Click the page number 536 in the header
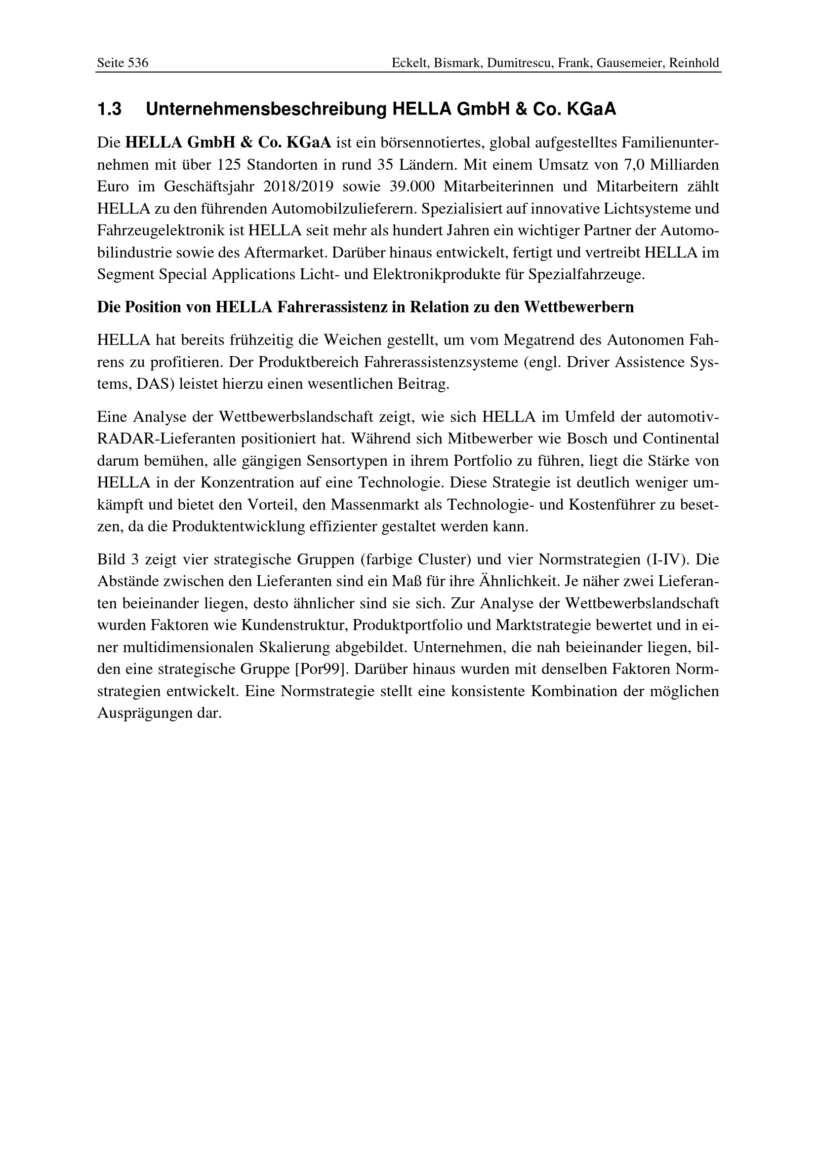138,63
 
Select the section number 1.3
109,110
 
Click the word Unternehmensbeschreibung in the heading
266,110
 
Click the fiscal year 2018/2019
299,187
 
